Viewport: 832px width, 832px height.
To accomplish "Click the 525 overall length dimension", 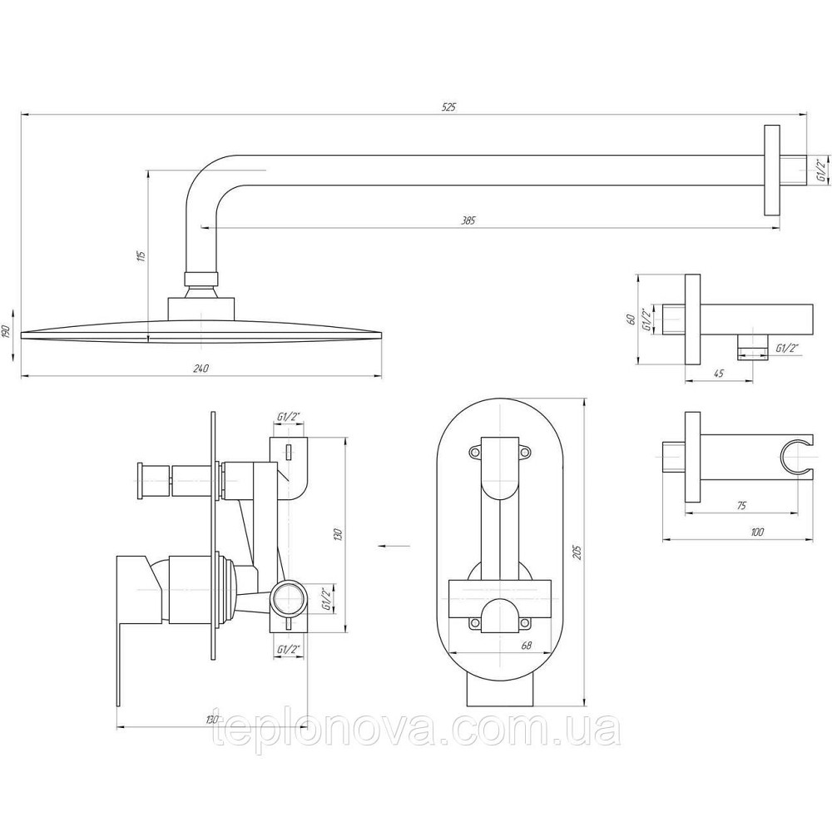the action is (449, 106).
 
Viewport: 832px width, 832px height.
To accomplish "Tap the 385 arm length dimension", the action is (468, 220).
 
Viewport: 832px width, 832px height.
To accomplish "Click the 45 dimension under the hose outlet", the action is (719, 374).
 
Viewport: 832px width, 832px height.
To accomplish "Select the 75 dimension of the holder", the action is (741, 506).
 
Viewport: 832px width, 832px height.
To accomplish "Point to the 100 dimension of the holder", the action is (757, 532).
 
